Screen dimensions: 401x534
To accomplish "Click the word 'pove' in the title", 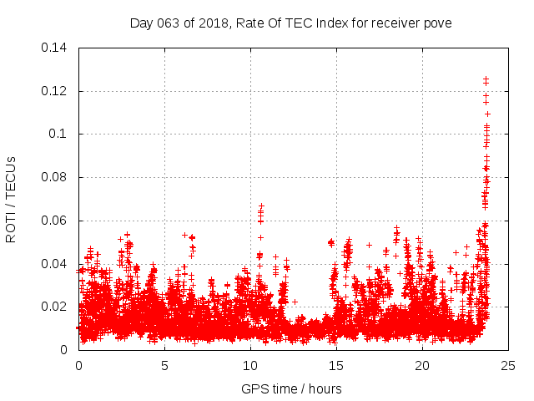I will click(x=436, y=23).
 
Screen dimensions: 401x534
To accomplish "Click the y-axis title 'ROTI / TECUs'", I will click(x=12, y=199).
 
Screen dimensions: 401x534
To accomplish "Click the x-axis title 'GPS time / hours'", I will click(x=291, y=388).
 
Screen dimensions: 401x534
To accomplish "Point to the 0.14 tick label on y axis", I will click(x=56, y=48).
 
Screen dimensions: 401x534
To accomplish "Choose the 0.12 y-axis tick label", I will click(x=56, y=91).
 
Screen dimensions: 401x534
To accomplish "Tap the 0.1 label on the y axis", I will click(x=60, y=135).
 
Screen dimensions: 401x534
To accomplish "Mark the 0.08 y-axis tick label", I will click(x=56, y=178).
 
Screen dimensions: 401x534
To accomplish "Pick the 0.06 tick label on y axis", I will click(x=56, y=221).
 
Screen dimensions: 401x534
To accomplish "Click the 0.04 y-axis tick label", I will click(x=56, y=264).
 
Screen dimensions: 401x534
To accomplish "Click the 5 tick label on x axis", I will click(x=164, y=365).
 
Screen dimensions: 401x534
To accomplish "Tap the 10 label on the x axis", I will click(x=250, y=365).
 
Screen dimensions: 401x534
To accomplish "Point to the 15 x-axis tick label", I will click(x=336, y=365).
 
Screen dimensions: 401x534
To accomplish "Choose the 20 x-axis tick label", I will click(x=422, y=365).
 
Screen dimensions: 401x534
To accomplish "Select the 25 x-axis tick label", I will click(x=508, y=365).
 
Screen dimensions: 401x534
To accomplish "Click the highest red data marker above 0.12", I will click(x=486, y=79).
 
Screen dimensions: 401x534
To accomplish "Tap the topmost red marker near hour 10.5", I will click(x=261, y=206).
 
